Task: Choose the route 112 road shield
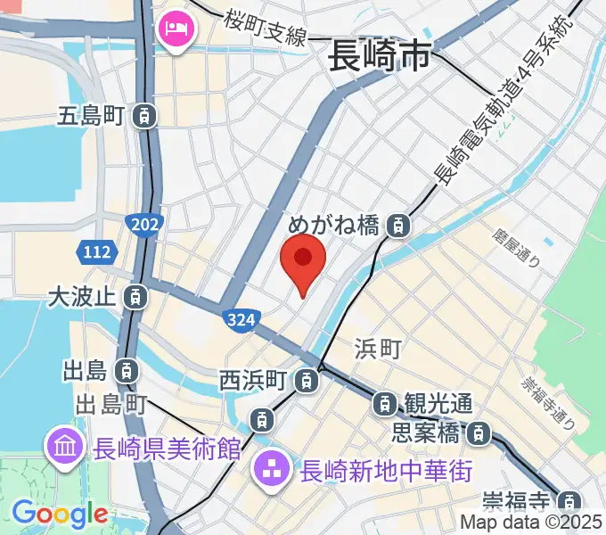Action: click(94, 253)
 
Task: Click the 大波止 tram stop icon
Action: click(135, 295)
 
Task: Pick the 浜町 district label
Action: click(378, 349)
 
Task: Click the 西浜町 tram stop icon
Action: click(307, 381)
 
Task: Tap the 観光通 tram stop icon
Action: click(385, 404)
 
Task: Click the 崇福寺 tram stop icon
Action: click(569, 500)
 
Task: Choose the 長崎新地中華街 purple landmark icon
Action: click(270, 466)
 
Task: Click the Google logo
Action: click(60, 514)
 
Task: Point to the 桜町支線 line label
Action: click(266, 27)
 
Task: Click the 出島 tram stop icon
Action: click(128, 369)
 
